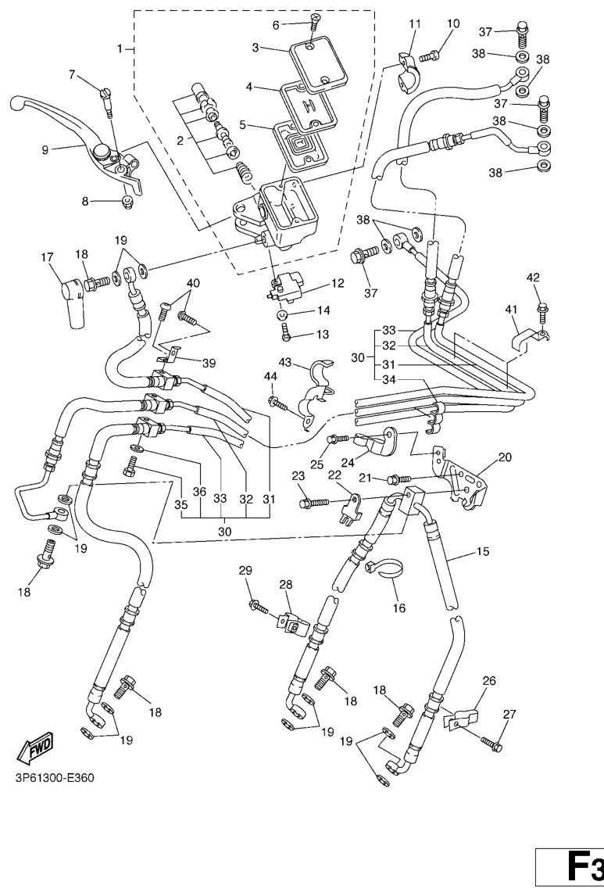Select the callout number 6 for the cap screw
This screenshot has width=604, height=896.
click(275, 25)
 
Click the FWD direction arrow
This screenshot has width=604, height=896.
click(35, 752)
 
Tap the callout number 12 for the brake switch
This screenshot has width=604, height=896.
click(338, 283)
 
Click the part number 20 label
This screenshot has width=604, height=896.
click(506, 457)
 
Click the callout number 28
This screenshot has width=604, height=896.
click(285, 585)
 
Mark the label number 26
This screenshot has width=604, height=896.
click(489, 681)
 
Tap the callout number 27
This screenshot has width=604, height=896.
click(509, 713)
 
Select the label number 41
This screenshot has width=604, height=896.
click(512, 310)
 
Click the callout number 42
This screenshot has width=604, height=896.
click(533, 278)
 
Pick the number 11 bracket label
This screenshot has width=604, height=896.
click(414, 23)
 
